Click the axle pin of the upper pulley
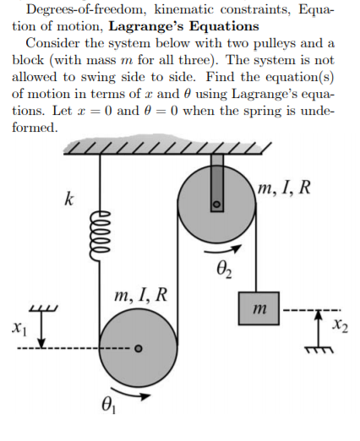(216, 204)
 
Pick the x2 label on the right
(339, 324)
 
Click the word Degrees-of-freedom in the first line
(79, 9)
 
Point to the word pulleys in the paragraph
(287, 43)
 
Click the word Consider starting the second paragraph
(52, 43)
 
